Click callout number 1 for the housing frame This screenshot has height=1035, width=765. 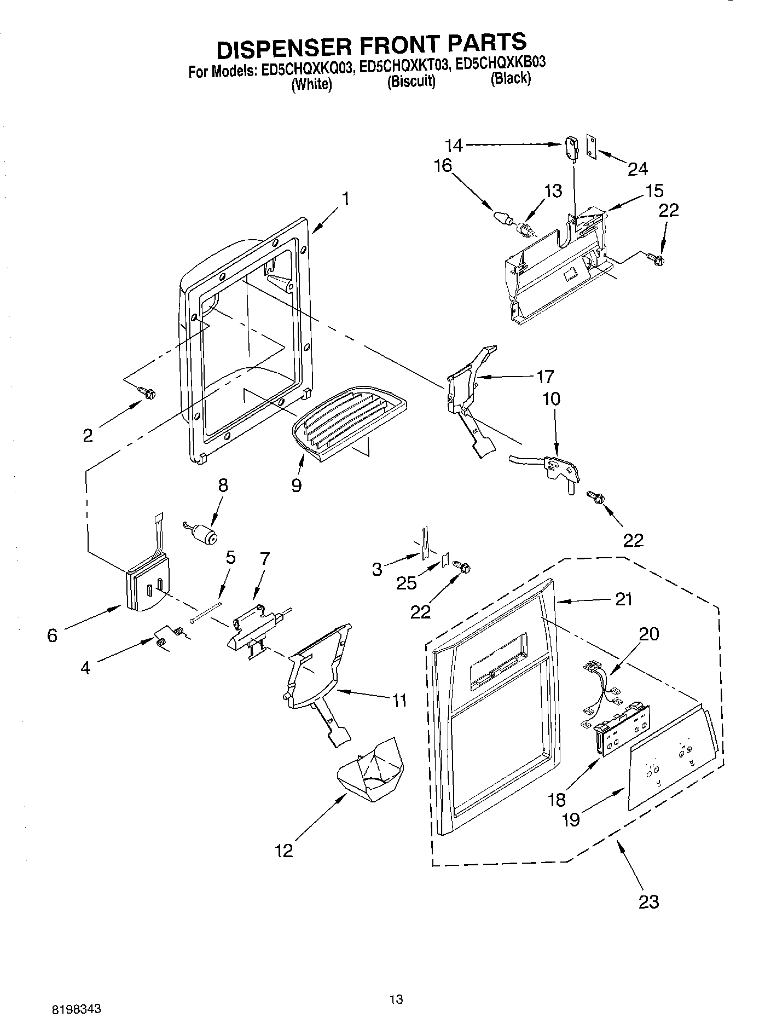tap(345, 198)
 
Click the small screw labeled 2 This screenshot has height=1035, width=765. tap(148, 392)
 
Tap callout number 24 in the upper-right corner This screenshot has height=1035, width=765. tap(637, 169)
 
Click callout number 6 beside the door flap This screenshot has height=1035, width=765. tap(52, 635)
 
